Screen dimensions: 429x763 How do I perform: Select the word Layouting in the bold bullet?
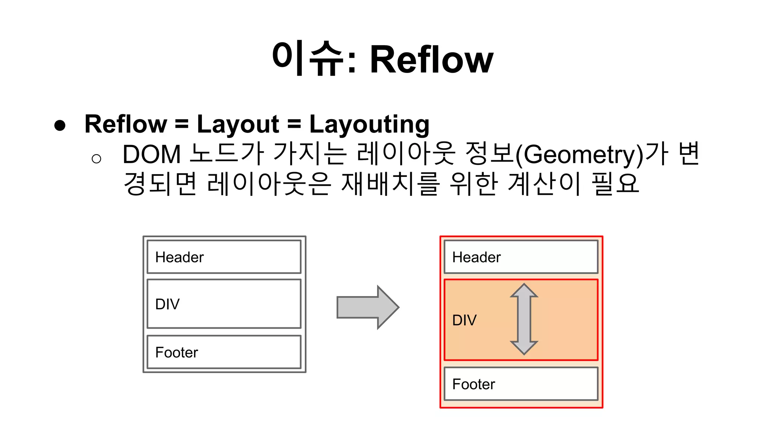(x=369, y=124)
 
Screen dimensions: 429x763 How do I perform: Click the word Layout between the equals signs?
(x=238, y=124)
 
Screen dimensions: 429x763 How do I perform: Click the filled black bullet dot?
(x=60, y=125)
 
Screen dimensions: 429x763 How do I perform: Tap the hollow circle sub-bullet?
(x=96, y=159)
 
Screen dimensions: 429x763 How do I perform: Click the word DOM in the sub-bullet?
(x=151, y=154)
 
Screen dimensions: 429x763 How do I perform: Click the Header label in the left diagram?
(x=179, y=257)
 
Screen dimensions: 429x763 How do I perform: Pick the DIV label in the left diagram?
(x=167, y=304)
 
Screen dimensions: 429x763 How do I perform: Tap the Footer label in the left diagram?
(x=177, y=352)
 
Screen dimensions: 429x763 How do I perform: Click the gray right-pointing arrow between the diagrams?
(x=367, y=307)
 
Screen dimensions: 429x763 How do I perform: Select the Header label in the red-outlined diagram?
(x=476, y=257)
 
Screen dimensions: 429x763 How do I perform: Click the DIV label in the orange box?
(x=464, y=320)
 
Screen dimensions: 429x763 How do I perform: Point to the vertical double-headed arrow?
(x=524, y=319)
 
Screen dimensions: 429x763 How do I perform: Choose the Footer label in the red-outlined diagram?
(x=474, y=384)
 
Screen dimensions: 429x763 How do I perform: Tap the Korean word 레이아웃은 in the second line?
(x=269, y=184)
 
